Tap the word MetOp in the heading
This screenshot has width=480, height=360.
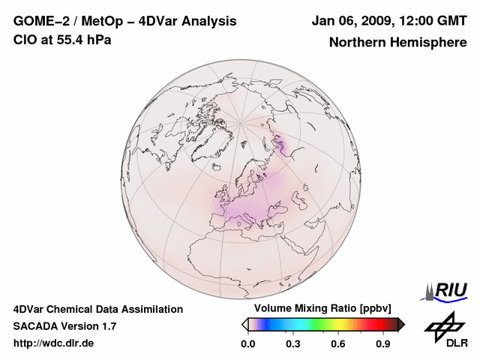[x=100, y=21]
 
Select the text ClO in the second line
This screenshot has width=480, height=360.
[x=25, y=40]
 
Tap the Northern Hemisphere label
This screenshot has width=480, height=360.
[x=397, y=42]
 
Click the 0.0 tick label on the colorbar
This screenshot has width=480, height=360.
[x=247, y=344]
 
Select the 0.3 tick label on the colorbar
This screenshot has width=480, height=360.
[x=293, y=344]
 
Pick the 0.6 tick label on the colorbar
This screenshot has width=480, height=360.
[x=338, y=344]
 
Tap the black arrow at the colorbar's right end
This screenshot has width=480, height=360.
[x=401, y=324]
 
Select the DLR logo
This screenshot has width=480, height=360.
[x=445, y=330]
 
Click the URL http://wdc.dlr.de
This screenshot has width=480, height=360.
[x=54, y=343]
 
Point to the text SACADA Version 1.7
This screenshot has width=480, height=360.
[x=64, y=326]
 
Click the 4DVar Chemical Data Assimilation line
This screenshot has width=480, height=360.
[x=97, y=309]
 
